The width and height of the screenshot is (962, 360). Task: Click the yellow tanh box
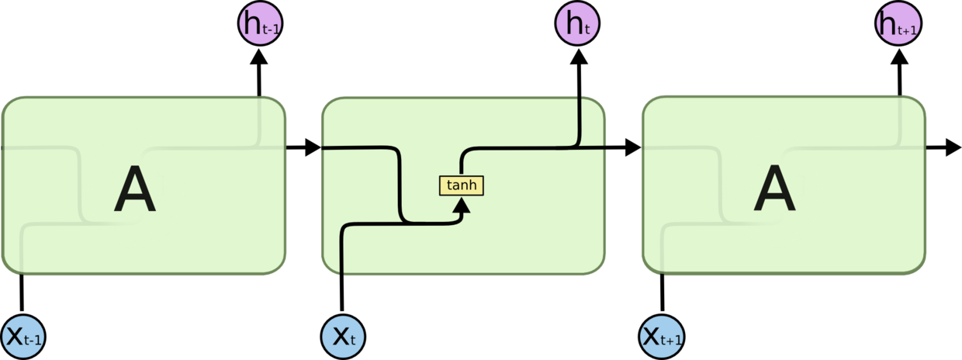pos(462,185)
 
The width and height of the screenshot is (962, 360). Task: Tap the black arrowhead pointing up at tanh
pos(462,206)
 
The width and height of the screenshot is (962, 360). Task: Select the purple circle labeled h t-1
pos(259,24)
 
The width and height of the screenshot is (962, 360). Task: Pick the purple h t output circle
pos(577,24)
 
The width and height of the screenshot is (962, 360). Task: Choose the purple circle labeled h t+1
pos(898,24)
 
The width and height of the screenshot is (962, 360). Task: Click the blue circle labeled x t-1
pos(23,337)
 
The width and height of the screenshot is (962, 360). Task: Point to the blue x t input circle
pos(343,337)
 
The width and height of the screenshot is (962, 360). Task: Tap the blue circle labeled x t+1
pos(662,337)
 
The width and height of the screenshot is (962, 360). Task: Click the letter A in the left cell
pos(135,192)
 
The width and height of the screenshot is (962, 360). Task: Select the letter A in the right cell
pos(774,192)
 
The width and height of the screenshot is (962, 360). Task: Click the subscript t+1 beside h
pos(908,30)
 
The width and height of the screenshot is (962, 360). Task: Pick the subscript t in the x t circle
pos(352,341)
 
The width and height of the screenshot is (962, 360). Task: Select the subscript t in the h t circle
pos(587,30)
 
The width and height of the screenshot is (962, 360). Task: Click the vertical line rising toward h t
pos(579,120)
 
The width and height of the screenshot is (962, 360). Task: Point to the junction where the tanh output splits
pos(579,146)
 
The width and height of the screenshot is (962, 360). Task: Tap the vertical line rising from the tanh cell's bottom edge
pos(342,252)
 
